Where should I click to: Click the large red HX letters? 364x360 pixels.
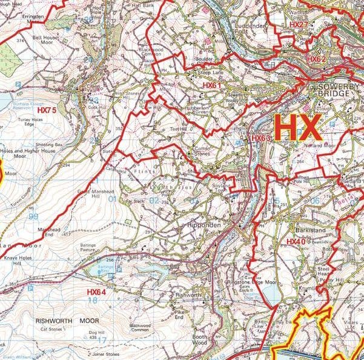(x=296, y=128)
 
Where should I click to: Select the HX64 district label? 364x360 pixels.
(x=96, y=292)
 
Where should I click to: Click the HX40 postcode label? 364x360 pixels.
(x=296, y=241)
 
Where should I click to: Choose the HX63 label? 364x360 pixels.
(x=260, y=138)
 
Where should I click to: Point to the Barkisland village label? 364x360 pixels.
(x=311, y=231)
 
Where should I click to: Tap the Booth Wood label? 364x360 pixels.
(x=199, y=340)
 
